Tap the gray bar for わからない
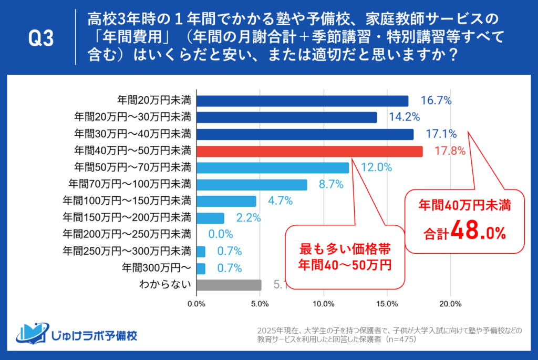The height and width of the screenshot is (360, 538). click(x=229, y=285)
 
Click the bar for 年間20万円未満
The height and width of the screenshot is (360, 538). click(x=302, y=101)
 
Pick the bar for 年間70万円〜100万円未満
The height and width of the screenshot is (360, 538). click(x=251, y=185)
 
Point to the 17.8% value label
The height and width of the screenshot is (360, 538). click(x=450, y=152)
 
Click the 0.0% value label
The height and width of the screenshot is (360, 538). click(x=220, y=235)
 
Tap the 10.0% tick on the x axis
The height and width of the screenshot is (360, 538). click(x=324, y=304)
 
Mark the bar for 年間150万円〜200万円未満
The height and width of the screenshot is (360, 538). click(x=210, y=218)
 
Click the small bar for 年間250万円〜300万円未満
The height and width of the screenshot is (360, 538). click(x=201, y=252)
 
